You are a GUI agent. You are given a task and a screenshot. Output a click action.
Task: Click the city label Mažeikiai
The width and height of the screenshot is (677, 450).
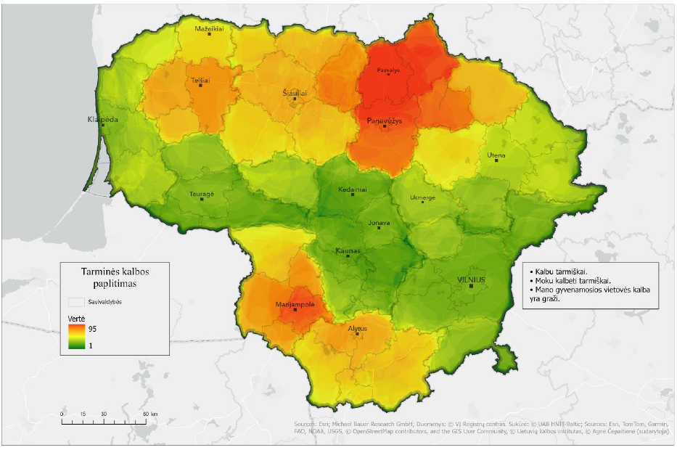pyautogui.click(x=210, y=28)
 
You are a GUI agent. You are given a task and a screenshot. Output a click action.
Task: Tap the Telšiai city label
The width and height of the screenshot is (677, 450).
pyautogui.click(x=200, y=81)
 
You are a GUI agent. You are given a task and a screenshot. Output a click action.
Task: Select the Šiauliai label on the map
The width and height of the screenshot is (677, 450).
pyautogui.click(x=295, y=94)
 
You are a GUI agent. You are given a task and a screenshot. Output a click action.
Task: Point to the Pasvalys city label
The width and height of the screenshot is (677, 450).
pyautogui.click(x=389, y=71)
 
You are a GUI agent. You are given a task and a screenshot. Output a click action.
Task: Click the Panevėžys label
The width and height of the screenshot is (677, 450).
pyautogui.click(x=385, y=120)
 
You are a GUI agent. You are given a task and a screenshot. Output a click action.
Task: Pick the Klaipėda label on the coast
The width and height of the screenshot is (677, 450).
pyautogui.click(x=102, y=119)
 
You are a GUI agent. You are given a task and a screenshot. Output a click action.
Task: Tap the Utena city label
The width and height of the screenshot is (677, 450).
pyautogui.click(x=497, y=155)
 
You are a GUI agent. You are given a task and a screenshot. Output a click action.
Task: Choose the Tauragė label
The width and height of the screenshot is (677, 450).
pyautogui.click(x=202, y=195)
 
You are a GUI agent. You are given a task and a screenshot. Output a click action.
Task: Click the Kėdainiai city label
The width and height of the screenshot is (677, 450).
pyautogui.click(x=353, y=189)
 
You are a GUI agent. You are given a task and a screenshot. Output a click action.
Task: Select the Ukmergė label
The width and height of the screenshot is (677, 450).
pyautogui.click(x=423, y=197)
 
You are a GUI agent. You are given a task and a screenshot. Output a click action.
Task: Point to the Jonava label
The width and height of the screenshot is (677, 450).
pyautogui.click(x=379, y=224)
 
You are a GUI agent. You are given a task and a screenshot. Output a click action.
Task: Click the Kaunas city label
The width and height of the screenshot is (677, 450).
pyautogui.click(x=348, y=250)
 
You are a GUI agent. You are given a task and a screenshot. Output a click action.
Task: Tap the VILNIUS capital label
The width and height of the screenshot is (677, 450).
pyautogui.click(x=471, y=279)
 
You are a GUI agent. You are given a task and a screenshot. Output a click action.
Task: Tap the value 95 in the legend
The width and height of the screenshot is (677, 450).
pyautogui.click(x=91, y=329)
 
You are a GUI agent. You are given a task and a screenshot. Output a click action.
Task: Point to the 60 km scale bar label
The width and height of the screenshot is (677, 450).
pyautogui.click(x=147, y=414)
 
